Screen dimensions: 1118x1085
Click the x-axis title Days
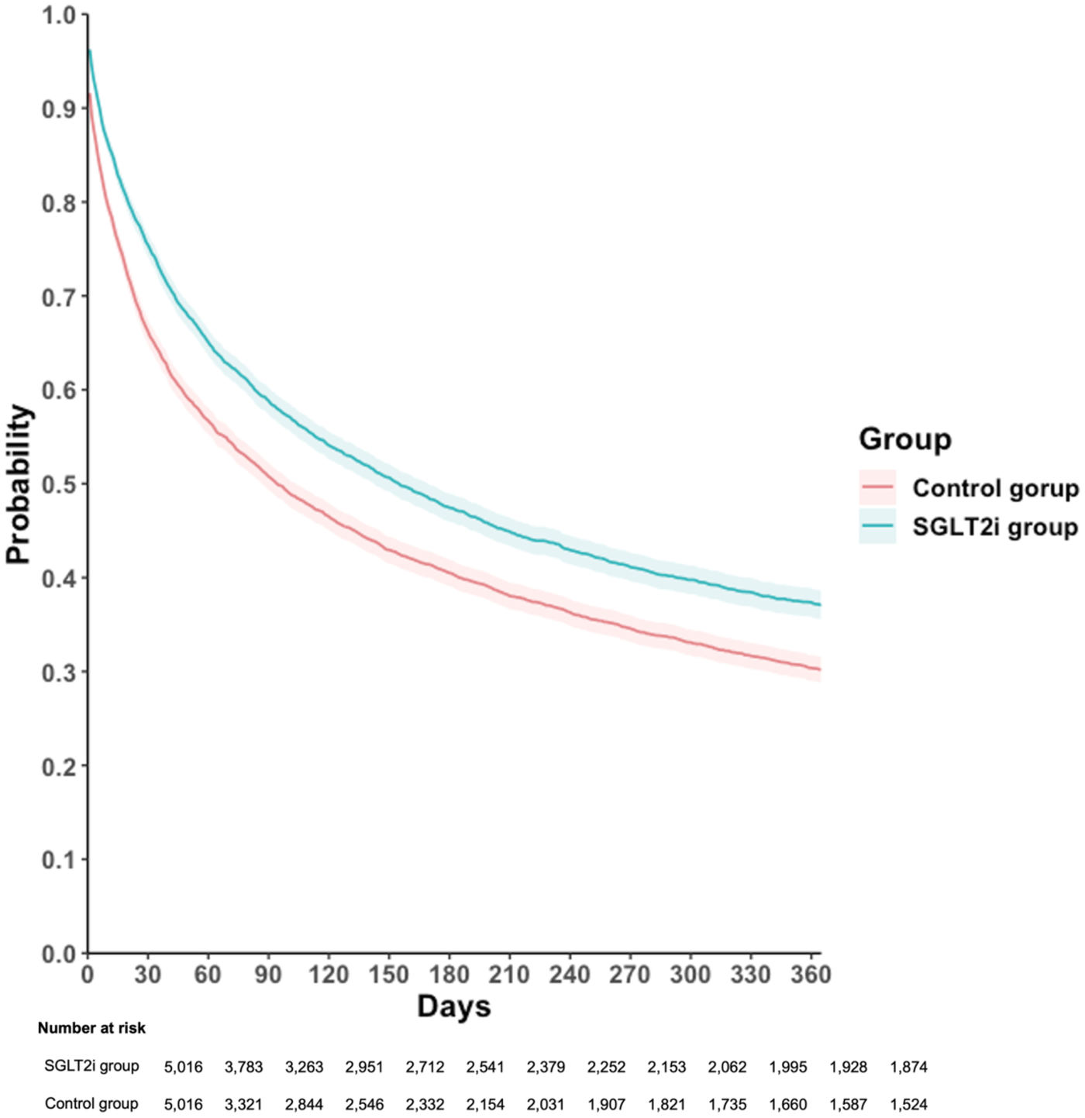pos(454,1006)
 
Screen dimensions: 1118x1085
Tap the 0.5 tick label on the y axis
pos(59,484)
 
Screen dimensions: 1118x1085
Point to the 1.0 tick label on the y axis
pos(59,15)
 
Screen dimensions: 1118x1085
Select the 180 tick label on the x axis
pos(449,974)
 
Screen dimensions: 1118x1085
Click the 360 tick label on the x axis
pos(811,974)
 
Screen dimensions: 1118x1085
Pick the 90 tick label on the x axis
pos(268,974)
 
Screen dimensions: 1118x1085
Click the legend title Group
pos(904,439)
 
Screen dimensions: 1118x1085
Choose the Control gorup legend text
pos(995,488)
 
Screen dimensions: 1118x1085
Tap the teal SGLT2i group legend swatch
pos(877,527)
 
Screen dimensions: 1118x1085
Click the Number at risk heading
pos(91,1028)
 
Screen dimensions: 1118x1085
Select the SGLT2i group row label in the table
pos(91,1066)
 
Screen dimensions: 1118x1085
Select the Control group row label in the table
pos(91,1103)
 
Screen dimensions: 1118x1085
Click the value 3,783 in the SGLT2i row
pos(243,1067)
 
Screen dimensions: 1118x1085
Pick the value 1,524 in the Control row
pos(908,1104)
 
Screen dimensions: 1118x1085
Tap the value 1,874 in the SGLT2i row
pos(908,1067)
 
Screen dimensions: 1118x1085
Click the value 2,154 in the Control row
pos(485,1104)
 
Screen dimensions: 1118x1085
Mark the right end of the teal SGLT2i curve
pos(819,604)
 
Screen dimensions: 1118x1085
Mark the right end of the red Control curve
pos(819,669)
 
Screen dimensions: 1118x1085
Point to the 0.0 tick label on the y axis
pos(59,954)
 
